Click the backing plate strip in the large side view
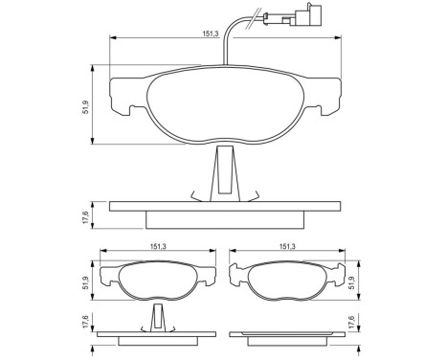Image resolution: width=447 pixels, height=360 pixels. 225,206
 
